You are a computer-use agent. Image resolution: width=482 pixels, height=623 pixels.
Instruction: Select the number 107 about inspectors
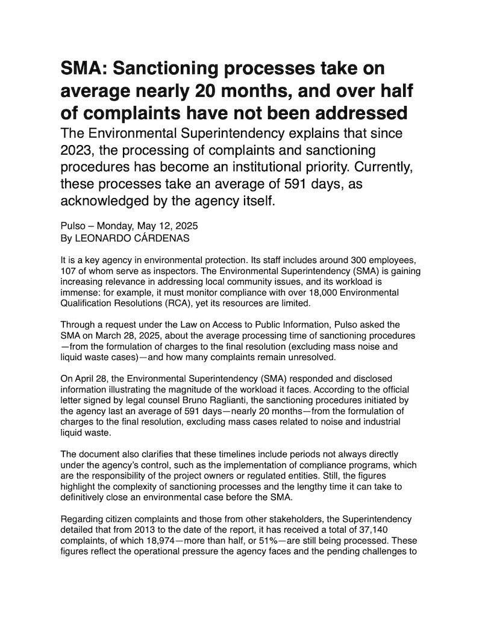coord(69,271)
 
